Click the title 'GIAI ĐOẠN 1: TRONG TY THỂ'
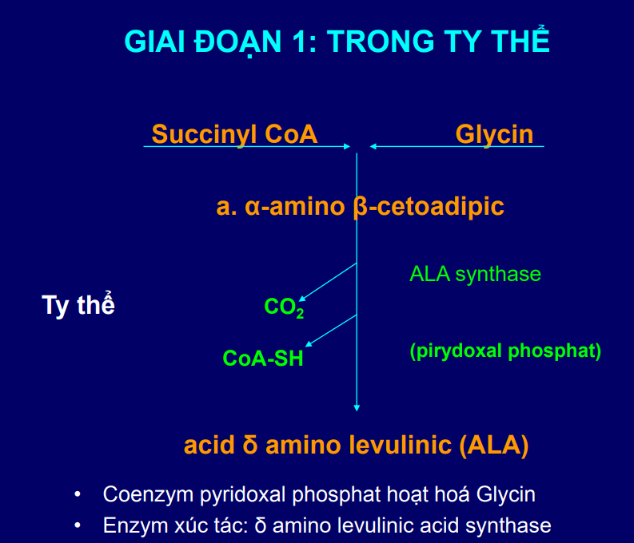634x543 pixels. pyautogui.click(x=337, y=42)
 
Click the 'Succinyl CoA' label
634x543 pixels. pyautogui.click(x=234, y=134)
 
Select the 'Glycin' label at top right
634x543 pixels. pyautogui.click(x=494, y=134)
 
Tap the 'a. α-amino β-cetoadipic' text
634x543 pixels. pyautogui.click(x=360, y=207)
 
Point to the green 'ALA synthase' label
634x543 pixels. pyautogui.click(x=475, y=274)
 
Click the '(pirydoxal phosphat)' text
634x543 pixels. pyautogui.click(x=504, y=351)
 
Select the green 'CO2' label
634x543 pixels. pyautogui.click(x=284, y=307)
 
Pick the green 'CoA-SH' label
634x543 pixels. pyautogui.click(x=263, y=359)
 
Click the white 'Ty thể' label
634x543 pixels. pyautogui.click(x=78, y=306)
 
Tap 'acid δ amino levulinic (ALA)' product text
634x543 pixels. pyautogui.click(x=356, y=445)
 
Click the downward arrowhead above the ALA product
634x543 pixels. pyautogui.click(x=357, y=408)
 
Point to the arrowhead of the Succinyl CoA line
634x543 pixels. pyautogui.click(x=347, y=146)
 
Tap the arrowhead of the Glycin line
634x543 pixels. pyautogui.click(x=373, y=146)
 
